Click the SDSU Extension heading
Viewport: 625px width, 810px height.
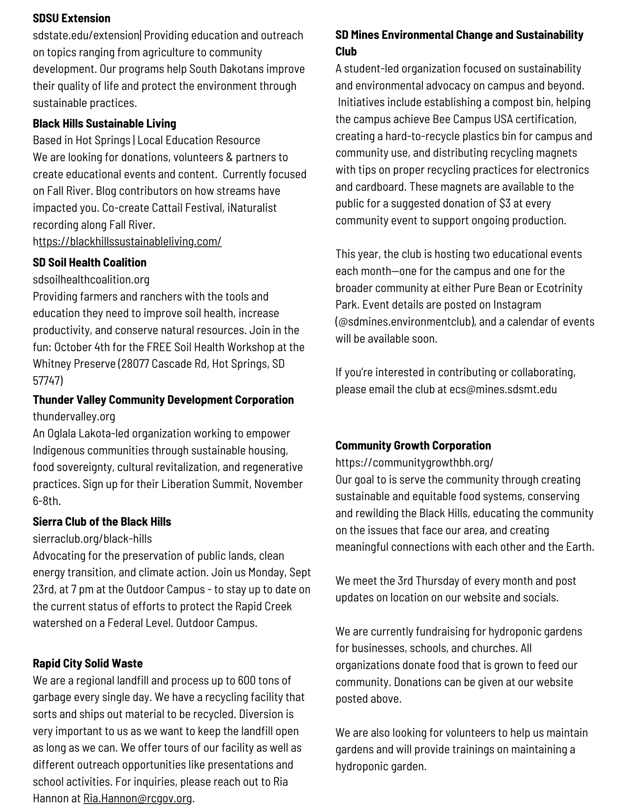pos(72,18)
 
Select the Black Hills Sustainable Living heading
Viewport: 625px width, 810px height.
pos(104,124)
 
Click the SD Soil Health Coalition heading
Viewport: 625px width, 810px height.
pos(89,262)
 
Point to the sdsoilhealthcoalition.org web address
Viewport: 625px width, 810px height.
pos(91,279)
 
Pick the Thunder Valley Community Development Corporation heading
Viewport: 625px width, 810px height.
pos(163,400)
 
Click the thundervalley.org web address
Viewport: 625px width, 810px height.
pos(74,416)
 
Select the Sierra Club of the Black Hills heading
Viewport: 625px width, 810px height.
pos(102,522)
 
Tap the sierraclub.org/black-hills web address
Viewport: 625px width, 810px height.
pos(92,539)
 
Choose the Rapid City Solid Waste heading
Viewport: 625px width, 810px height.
pos(88,663)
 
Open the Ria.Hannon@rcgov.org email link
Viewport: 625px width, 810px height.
pos(138,798)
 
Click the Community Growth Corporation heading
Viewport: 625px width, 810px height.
pos(413,446)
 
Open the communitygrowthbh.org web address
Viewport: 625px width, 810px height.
pos(414,463)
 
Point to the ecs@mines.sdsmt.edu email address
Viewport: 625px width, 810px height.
pos(503,389)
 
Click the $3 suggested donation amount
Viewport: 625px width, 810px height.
pos(505,203)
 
